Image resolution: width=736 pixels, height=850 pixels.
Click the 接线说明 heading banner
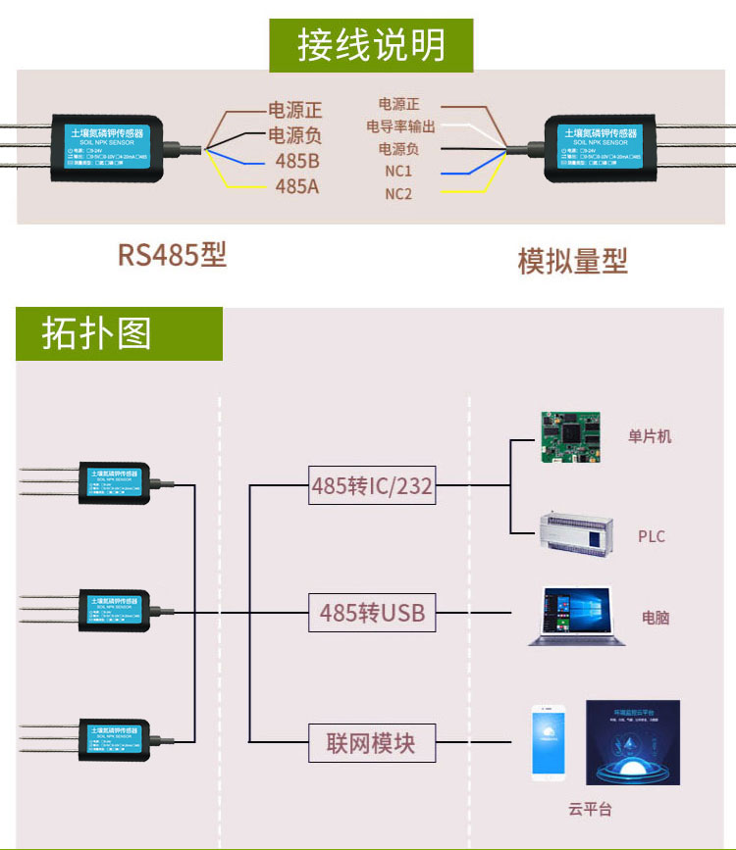click(x=371, y=44)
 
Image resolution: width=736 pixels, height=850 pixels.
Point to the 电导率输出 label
click(x=400, y=126)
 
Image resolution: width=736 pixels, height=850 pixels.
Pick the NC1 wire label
click(x=398, y=172)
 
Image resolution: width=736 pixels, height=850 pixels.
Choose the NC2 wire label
click(x=398, y=194)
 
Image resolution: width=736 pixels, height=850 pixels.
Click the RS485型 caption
click(x=173, y=255)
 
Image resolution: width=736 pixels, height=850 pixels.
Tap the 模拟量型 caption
click(x=572, y=261)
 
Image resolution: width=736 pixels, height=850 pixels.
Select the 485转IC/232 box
click(x=372, y=485)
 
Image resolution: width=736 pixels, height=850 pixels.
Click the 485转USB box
click(x=372, y=614)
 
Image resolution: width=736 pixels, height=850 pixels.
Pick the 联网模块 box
click(x=371, y=743)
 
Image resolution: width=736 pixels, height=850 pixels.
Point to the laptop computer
click(x=576, y=617)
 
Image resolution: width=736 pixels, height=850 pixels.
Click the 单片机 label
click(x=650, y=437)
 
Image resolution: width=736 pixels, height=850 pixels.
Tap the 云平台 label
click(x=589, y=809)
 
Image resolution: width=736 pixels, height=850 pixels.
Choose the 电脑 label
click(x=656, y=618)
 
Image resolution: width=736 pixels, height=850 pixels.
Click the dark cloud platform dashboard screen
click(x=632, y=742)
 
